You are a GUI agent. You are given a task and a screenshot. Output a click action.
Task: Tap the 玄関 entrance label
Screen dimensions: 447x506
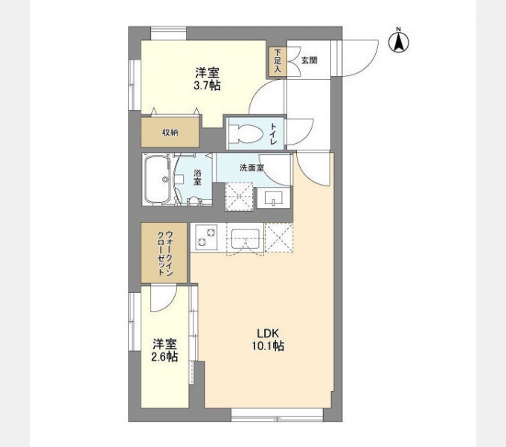pos(309,60)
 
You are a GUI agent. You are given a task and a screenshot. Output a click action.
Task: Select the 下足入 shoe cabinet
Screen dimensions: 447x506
pos(278,60)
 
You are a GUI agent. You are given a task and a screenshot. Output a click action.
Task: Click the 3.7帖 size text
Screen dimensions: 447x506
pos(207,86)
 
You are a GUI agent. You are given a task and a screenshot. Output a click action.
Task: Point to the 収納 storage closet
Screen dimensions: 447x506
pos(170,132)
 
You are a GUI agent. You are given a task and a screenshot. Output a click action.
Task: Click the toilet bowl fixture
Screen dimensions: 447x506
pos(244,134)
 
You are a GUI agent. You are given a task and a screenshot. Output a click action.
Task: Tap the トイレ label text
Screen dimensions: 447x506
pos(274,133)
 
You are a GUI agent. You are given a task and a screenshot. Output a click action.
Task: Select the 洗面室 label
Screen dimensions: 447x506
pos(251,168)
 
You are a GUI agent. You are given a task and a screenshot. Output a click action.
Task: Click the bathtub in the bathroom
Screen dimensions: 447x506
pos(157,180)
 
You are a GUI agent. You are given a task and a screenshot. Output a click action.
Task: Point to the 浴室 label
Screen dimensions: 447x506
pos(198,179)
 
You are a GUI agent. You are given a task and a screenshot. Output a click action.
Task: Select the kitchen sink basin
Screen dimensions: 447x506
pos(244,239)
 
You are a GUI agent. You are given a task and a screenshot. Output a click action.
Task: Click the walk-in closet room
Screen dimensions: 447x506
pos(165,253)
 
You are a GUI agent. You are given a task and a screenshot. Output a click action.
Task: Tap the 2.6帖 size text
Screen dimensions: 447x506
pos(165,358)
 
